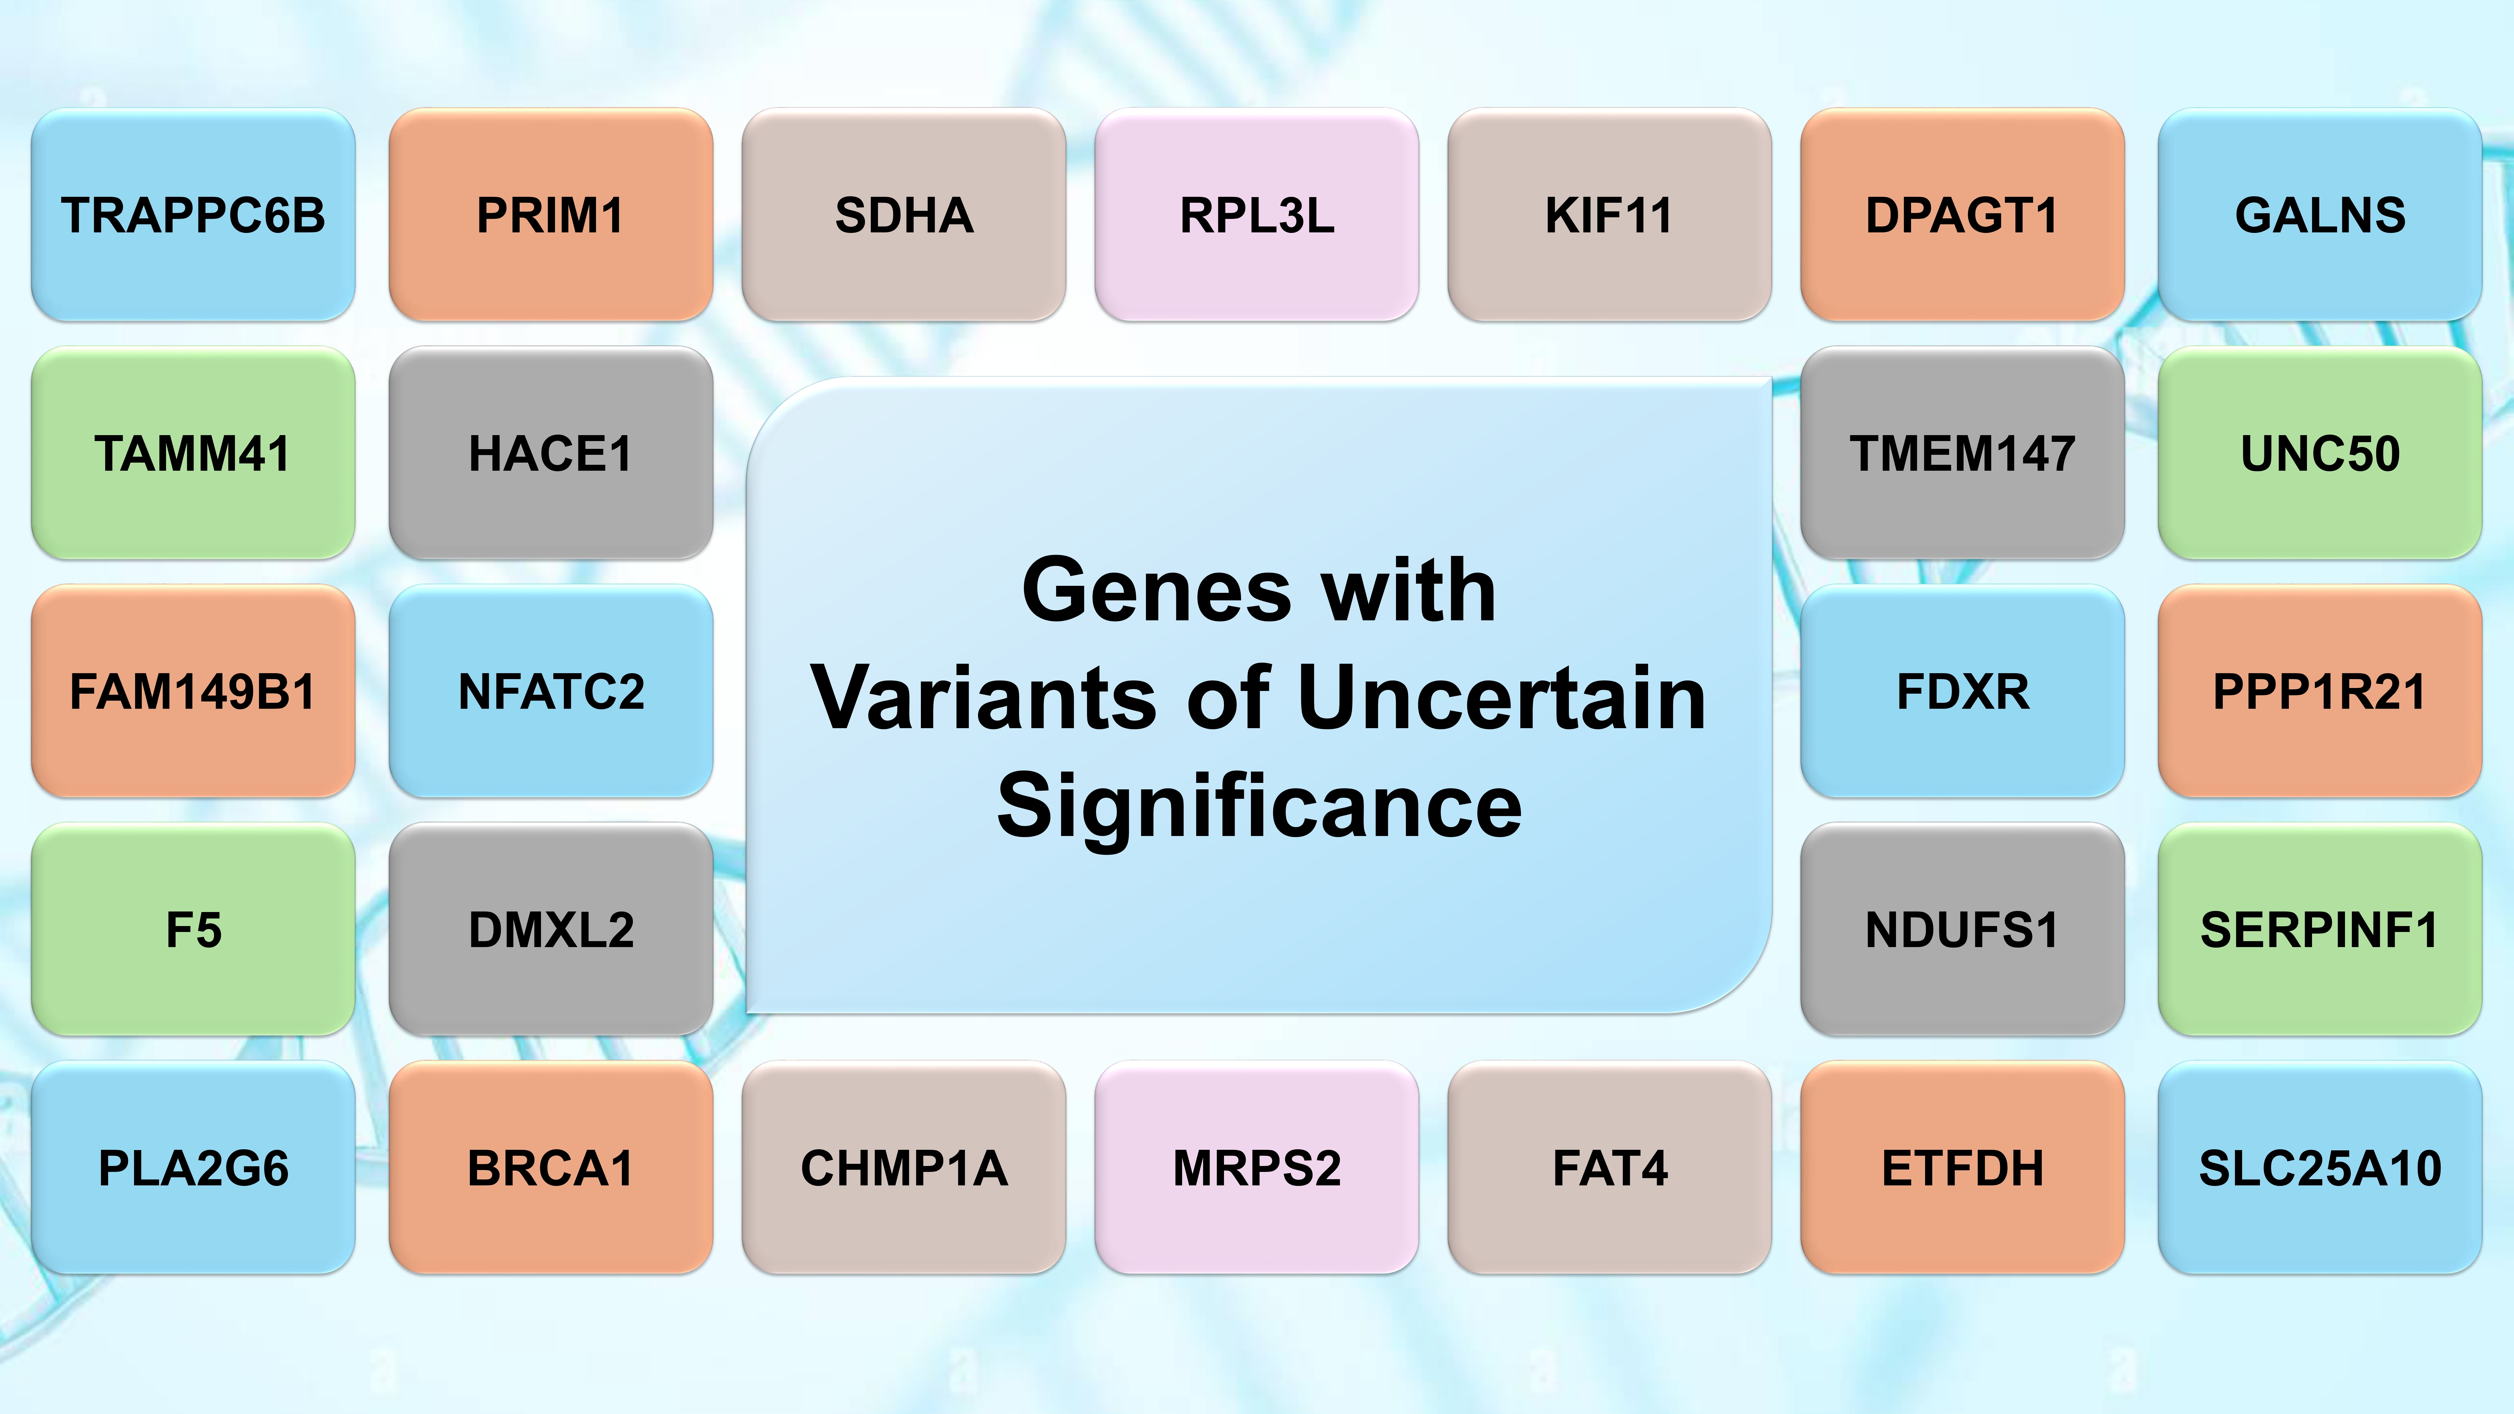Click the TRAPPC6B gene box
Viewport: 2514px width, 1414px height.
coord(193,215)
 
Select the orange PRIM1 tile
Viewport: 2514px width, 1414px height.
coord(550,215)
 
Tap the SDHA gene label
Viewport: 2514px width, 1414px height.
coord(904,215)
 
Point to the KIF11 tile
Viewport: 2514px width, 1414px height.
coord(1609,215)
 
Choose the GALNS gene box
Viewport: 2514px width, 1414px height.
coord(2320,215)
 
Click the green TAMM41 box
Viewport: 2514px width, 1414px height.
coord(193,453)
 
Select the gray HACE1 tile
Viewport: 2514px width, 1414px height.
coord(550,453)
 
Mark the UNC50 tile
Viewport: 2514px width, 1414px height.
coord(2320,453)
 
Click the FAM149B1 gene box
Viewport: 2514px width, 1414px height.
coord(193,691)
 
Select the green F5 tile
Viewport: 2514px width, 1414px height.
coord(193,929)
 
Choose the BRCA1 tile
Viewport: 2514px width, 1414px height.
coord(550,1167)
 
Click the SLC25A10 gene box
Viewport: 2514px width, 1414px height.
coord(2320,1167)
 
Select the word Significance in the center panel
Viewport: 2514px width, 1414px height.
coord(1259,806)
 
